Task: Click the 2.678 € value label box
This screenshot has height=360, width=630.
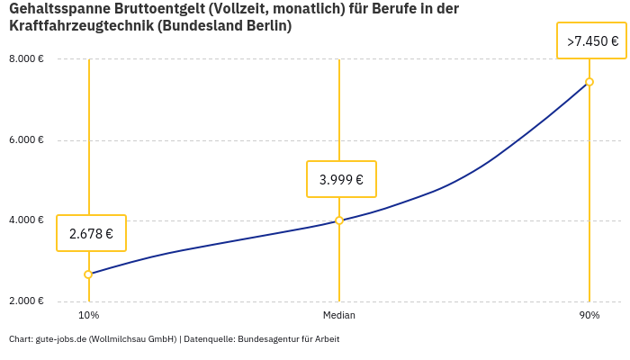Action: [x=91, y=233]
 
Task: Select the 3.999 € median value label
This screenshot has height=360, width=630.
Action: [x=341, y=179]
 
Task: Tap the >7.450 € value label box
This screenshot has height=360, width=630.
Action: [x=591, y=41]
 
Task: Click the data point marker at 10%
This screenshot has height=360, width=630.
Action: [x=88, y=274]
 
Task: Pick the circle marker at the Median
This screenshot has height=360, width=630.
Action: [x=339, y=220]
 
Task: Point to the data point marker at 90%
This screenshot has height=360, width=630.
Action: [x=589, y=82]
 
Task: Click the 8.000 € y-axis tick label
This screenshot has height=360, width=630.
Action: [x=27, y=58]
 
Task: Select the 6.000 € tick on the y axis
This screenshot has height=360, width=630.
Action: [x=27, y=139]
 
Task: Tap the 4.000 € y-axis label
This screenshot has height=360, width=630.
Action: [x=27, y=220]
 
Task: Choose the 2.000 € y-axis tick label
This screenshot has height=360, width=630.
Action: [x=27, y=301]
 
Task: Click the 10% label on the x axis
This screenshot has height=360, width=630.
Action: [x=88, y=315]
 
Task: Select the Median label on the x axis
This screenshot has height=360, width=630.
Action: [x=339, y=315]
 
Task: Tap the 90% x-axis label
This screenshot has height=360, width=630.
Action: [x=589, y=315]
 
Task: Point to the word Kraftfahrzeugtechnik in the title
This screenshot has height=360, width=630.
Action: [x=80, y=26]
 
